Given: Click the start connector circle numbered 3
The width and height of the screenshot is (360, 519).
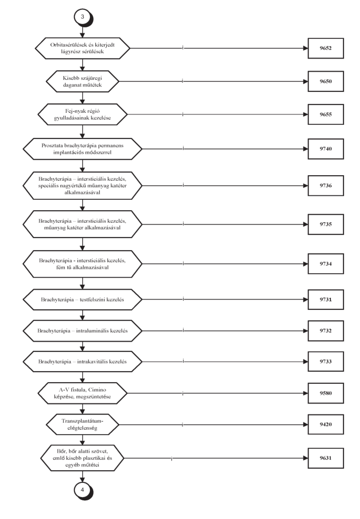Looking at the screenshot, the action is tap(83, 17).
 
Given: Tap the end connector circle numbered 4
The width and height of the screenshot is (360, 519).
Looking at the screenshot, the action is tap(83, 490).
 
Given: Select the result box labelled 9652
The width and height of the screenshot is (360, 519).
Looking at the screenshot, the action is tap(325, 48).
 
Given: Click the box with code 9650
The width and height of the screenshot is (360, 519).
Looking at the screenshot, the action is tap(325, 82).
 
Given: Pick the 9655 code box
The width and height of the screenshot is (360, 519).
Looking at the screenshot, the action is tap(325, 114).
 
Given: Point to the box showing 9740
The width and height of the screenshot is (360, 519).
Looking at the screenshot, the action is tap(325, 149).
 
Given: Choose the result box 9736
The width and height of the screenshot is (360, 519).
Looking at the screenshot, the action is tap(325, 186).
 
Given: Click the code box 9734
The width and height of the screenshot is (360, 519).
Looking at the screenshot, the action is tap(325, 264).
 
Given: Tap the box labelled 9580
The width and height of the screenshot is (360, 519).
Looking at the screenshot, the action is tap(325, 393).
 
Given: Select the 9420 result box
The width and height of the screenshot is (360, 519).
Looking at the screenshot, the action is tap(325, 424).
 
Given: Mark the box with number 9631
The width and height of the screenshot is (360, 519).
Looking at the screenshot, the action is tap(325, 458).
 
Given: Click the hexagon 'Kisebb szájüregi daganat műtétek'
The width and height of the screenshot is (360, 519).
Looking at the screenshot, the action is tap(82, 82).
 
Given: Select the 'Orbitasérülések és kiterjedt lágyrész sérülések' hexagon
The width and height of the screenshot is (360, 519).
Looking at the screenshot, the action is tap(82, 48).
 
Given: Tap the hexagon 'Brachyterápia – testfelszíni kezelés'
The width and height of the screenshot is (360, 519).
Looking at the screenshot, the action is tap(82, 299).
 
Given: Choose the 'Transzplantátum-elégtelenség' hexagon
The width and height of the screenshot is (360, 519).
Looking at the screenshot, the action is tap(82, 424).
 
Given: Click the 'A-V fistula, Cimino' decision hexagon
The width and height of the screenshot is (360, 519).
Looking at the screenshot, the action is tap(82, 393).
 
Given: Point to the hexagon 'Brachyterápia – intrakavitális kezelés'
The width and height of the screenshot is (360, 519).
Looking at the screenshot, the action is tap(82, 362).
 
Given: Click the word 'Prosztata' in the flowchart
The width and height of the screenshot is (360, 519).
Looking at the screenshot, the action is tap(52, 145).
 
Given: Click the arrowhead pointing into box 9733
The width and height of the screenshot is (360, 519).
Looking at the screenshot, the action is tap(305, 362).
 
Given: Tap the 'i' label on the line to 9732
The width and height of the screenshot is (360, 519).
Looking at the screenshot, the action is tap(183, 330).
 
